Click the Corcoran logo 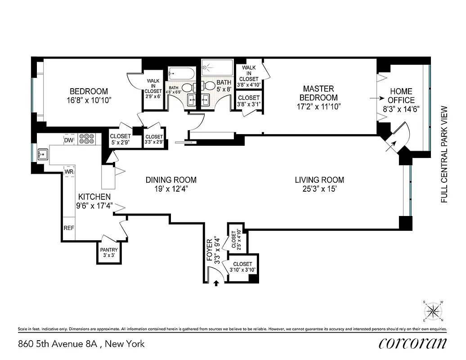(412, 343)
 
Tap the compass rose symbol (433, 310)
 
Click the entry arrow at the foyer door (216, 283)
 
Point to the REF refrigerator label (68, 228)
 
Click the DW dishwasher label (68, 140)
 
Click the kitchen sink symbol (43, 155)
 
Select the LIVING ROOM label (319, 180)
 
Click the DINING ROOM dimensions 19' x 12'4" (170, 189)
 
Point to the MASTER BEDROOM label (318, 93)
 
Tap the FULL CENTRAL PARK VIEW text (444, 154)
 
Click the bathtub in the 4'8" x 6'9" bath (181, 73)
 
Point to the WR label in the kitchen (69, 172)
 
